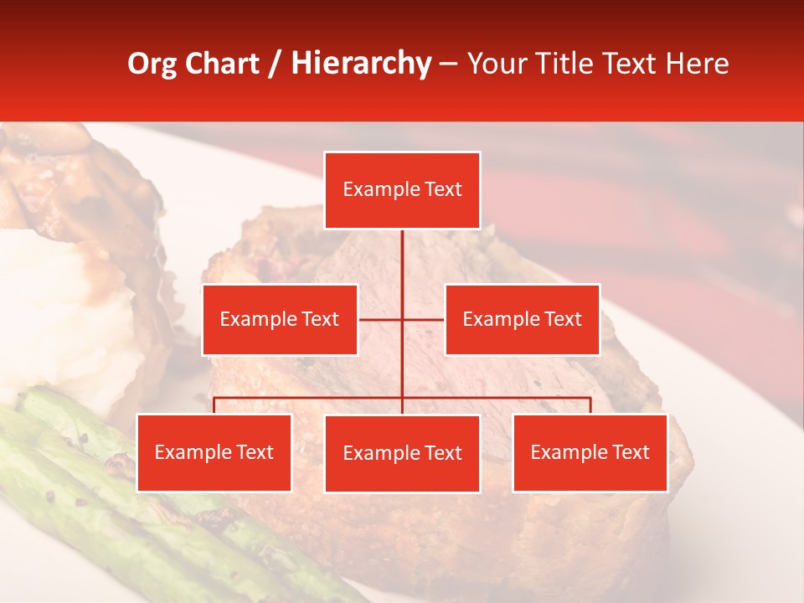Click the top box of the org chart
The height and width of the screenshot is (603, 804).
402,190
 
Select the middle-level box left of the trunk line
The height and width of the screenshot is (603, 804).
280,319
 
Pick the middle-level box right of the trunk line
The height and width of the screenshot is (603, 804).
522,319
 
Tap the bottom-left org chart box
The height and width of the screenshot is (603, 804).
214,452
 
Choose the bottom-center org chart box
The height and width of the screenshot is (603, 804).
402,453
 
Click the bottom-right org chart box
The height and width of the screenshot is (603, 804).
590,452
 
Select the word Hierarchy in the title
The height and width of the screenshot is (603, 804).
360,64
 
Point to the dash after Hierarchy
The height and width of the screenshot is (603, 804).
448,64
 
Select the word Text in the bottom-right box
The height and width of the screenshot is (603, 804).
630,452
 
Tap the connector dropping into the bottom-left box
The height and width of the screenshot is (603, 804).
214,405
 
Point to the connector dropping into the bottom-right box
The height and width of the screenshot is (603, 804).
590,405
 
